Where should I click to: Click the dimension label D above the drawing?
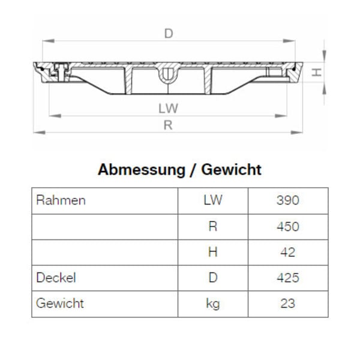[169, 34]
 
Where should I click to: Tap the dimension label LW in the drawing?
[169, 109]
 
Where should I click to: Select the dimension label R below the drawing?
[169, 125]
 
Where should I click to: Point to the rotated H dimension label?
[317, 73]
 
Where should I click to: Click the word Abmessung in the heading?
[141, 170]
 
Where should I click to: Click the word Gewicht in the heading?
[232, 170]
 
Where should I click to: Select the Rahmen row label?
[61, 200]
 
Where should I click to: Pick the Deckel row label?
[56, 278]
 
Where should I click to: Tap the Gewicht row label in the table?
[60, 304]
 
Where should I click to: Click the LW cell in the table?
[212, 200]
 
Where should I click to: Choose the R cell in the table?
[212, 226]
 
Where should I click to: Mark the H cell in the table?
[212, 252]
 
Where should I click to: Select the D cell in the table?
[212, 278]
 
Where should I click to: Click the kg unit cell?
[212, 304]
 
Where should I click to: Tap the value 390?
[287, 200]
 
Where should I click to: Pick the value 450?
[287, 226]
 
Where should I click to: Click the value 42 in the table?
[287, 252]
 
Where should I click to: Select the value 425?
[287, 278]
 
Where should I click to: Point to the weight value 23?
[287, 304]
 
